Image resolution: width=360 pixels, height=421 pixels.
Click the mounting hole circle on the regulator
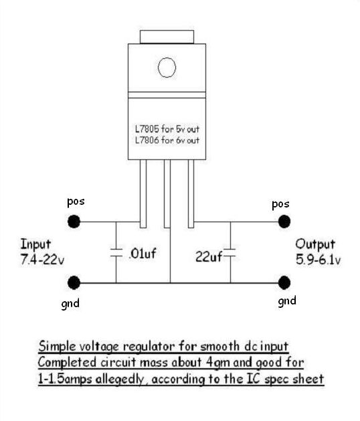[x=167, y=68]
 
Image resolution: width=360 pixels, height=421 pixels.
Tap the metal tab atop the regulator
[x=167, y=37]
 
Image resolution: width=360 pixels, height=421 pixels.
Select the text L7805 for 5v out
[x=167, y=129]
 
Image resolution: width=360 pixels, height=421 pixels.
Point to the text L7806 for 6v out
[x=167, y=140]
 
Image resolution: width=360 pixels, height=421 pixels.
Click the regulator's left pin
[x=143, y=193]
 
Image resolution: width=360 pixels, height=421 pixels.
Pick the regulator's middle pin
[x=167, y=193]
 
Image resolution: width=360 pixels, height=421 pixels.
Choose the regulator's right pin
[x=191, y=193]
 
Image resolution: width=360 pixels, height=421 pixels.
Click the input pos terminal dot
[x=74, y=222]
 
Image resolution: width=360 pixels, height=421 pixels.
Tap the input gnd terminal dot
[x=74, y=282]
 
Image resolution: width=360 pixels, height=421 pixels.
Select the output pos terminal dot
[x=284, y=222]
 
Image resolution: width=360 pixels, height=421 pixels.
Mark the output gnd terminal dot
[x=284, y=282]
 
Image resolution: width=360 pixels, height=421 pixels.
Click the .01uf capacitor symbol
[x=116, y=252]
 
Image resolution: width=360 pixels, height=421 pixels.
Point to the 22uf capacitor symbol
[x=230, y=252]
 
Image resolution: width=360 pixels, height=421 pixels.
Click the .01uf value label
[x=143, y=253]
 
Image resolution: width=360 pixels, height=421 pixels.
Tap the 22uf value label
[x=209, y=256]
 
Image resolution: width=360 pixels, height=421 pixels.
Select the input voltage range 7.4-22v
[x=42, y=260]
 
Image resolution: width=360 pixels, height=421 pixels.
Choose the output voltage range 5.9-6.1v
[x=318, y=260]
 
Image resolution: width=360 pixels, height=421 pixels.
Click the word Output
[x=315, y=245]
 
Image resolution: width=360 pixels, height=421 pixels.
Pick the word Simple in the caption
[x=57, y=347]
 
